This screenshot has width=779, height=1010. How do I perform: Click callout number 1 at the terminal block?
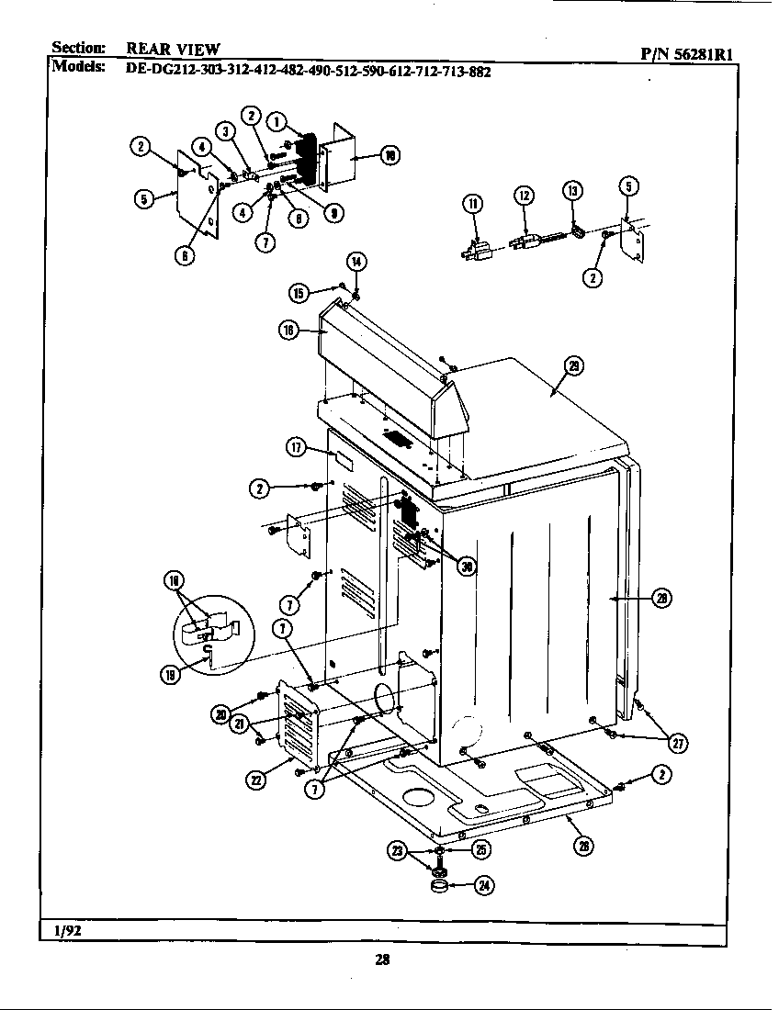275,120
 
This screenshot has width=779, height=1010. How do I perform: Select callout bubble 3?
224,130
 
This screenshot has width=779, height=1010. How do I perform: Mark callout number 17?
296,447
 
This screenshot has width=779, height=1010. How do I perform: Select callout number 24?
483,885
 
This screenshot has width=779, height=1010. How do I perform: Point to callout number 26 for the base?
582,846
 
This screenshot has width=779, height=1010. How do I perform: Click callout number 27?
678,743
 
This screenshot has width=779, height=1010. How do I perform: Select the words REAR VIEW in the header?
173,50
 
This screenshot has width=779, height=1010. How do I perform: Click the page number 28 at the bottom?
383,960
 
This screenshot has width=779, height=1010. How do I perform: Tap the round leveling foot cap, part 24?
440,886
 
